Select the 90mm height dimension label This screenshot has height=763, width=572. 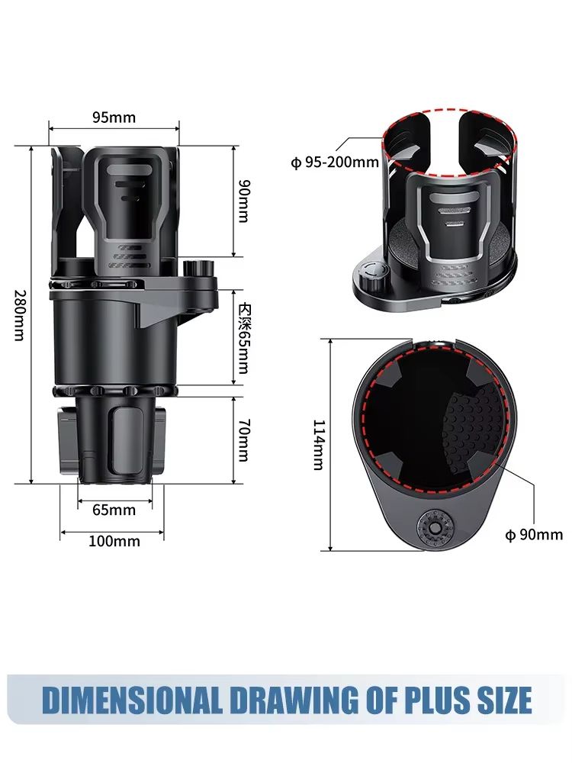(243, 201)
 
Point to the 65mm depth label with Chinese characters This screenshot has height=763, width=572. (243, 337)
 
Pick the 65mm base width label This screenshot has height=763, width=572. (114, 510)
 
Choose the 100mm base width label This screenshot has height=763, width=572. (114, 541)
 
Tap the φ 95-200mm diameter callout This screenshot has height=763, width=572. (335, 162)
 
